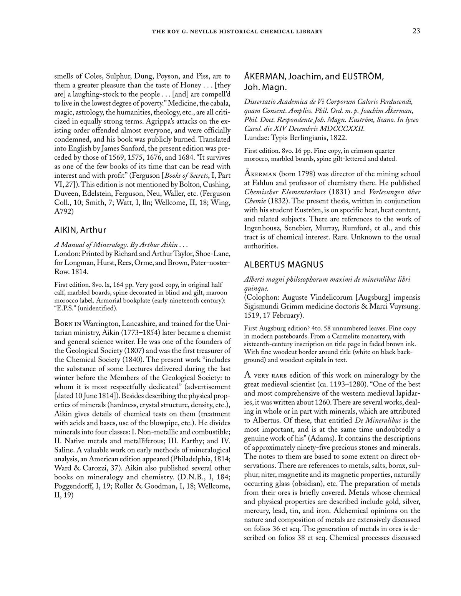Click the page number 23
click(416, 31)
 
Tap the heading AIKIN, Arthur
click(80, 230)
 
